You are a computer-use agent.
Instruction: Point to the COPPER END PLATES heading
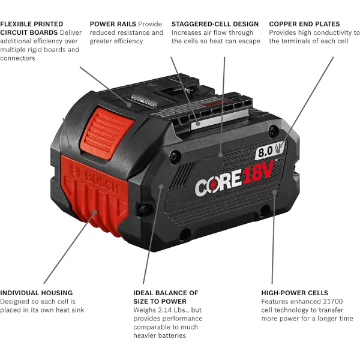(304, 24)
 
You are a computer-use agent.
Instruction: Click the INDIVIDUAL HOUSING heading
(37, 293)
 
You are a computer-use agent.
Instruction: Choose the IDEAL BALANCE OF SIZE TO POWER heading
(166, 297)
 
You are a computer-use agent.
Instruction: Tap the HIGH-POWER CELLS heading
(294, 293)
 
